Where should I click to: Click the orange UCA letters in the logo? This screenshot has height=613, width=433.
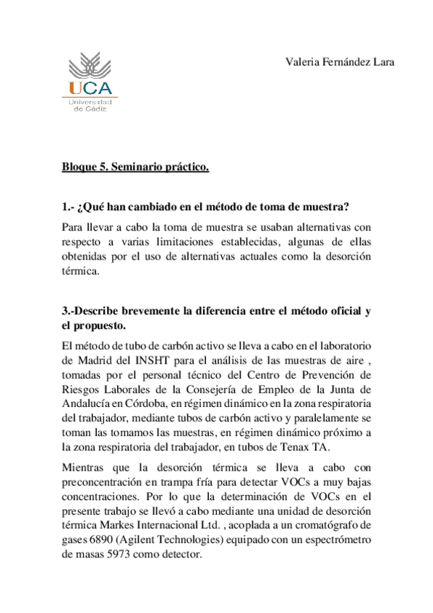coord(90,88)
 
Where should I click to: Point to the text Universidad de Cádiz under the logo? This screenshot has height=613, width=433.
coord(90,106)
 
